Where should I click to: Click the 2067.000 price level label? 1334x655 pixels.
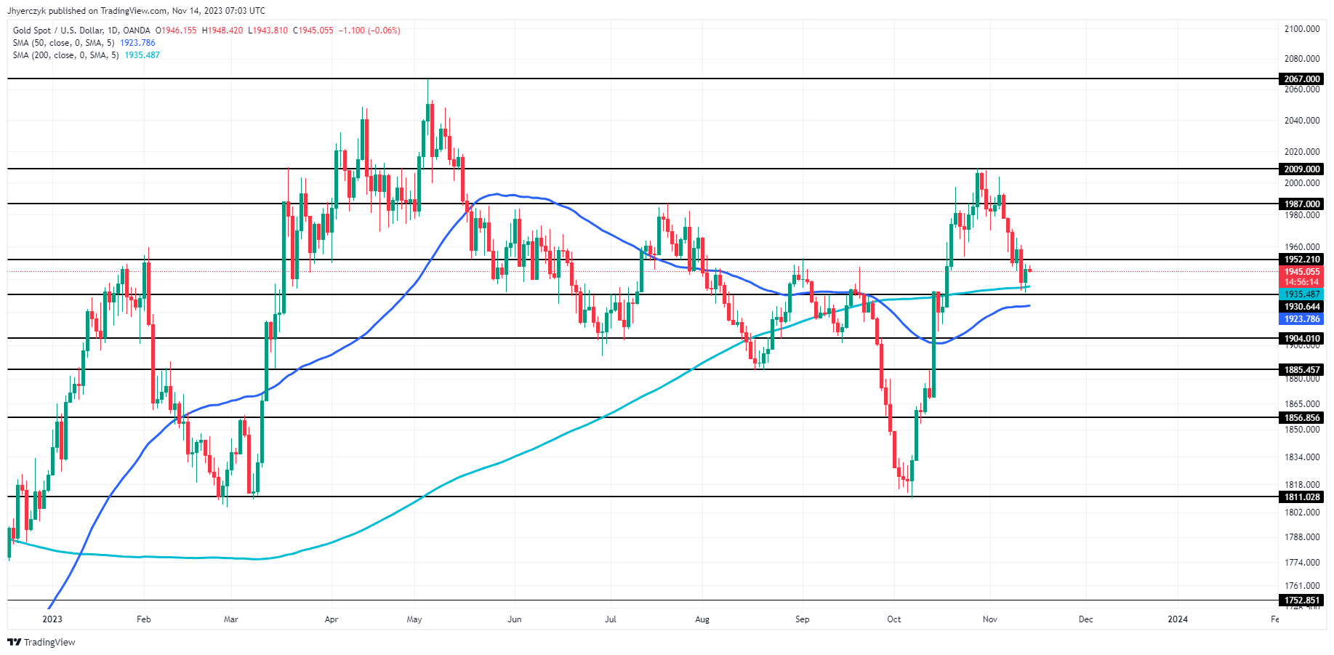tap(1301, 79)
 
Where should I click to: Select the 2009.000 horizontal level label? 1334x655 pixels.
tap(1301, 169)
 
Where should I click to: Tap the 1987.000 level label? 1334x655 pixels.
tap(1301, 204)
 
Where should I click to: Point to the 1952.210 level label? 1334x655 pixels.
tap(1301, 260)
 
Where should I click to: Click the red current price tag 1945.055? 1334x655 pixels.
tap(1301, 272)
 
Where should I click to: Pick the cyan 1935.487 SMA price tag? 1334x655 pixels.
tap(1301, 294)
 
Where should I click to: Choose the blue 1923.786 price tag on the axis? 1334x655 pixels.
tap(1301, 319)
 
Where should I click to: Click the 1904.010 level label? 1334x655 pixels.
tap(1301, 338)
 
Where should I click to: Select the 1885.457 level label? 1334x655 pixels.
tap(1301, 370)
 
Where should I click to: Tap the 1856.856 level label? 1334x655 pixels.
tap(1301, 418)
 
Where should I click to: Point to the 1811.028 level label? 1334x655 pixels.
tap(1301, 497)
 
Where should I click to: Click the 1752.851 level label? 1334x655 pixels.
tap(1301, 600)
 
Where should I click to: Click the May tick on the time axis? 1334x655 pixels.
tap(414, 619)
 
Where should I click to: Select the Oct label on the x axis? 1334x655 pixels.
tap(894, 619)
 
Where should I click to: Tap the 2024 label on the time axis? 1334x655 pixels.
tap(1178, 619)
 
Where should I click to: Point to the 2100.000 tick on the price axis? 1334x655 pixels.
tap(1302, 29)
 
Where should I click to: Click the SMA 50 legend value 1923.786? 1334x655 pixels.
tap(137, 43)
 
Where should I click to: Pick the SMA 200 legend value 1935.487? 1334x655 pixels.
tap(142, 55)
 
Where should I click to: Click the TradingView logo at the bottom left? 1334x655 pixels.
tap(41, 642)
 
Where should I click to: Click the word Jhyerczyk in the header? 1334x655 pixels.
tap(26, 11)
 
